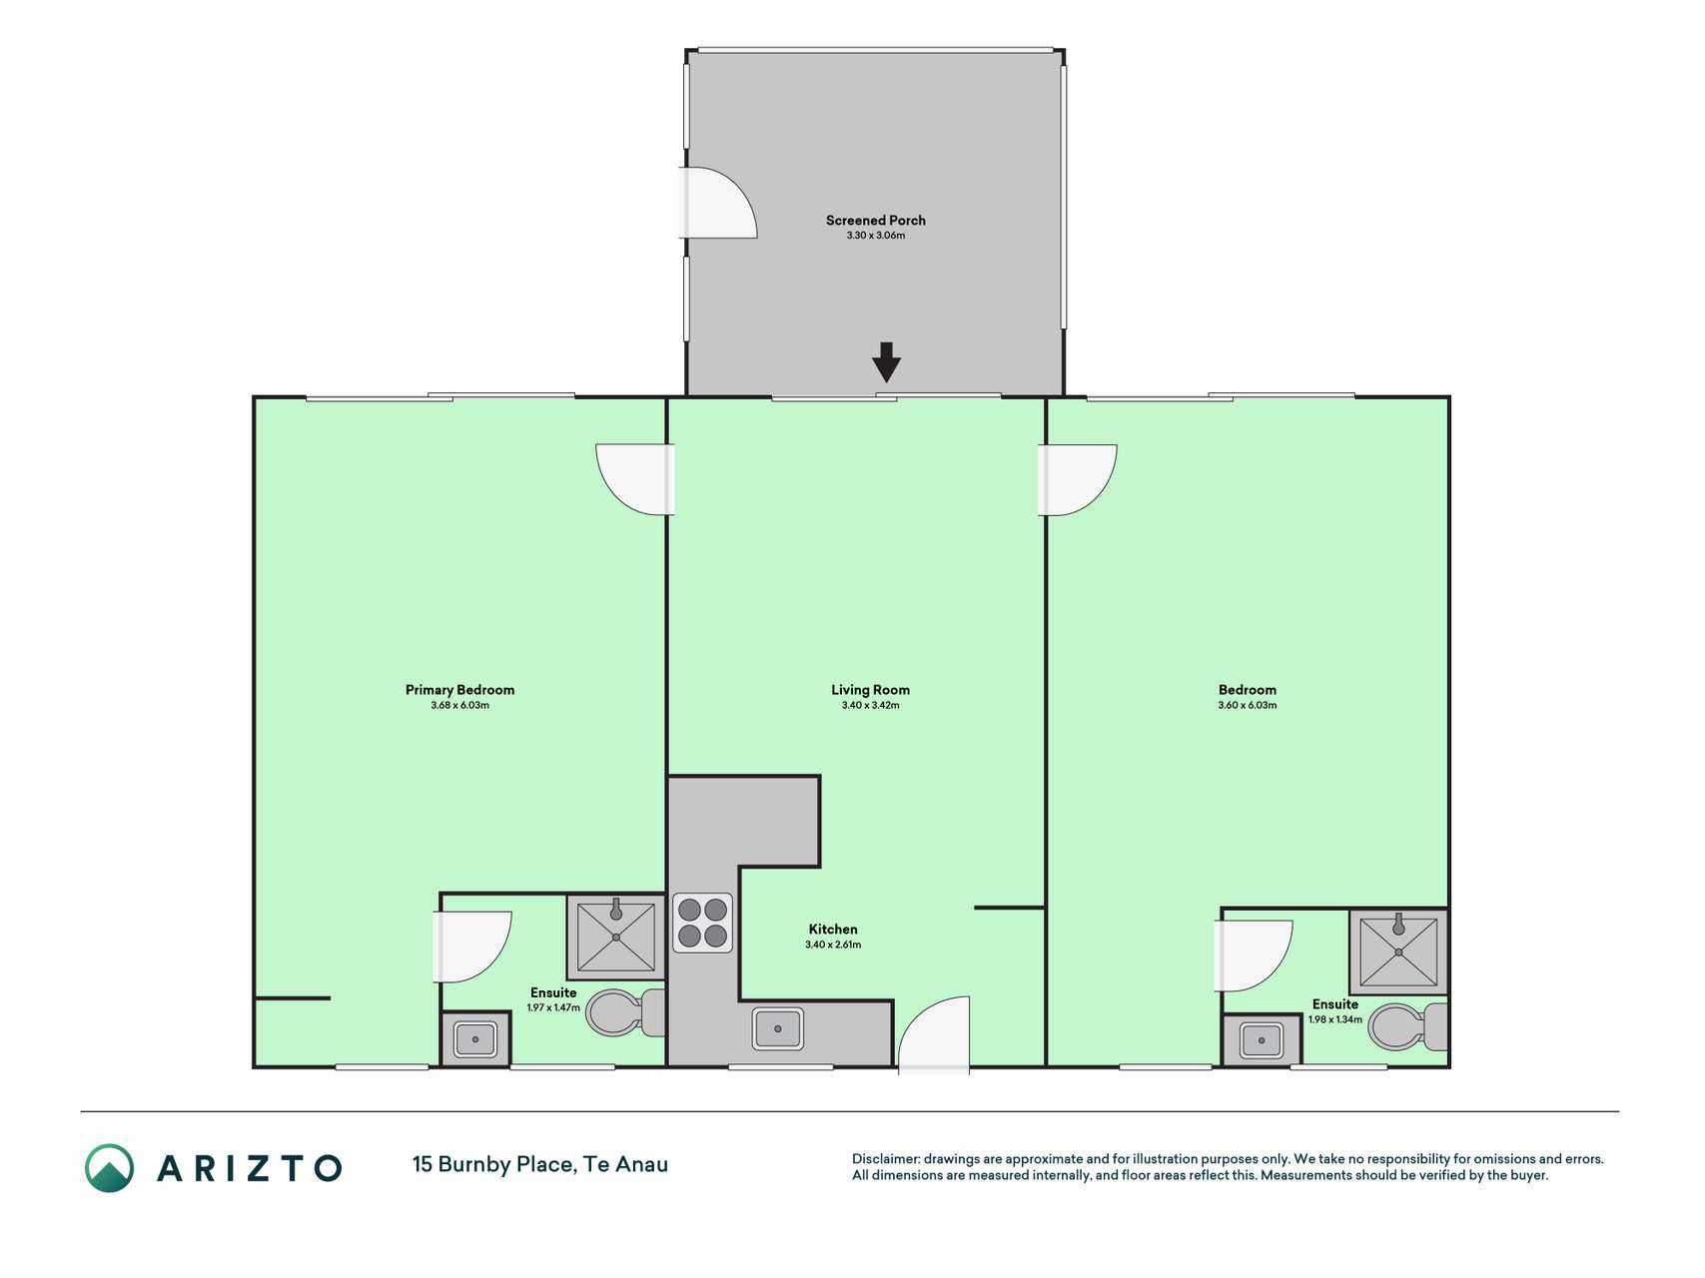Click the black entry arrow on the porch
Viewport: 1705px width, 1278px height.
tap(886, 361)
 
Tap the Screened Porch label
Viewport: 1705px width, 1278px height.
tap(875, 221)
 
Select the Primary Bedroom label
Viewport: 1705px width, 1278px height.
tap(459, 690)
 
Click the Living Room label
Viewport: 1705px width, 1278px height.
tap(870, 690)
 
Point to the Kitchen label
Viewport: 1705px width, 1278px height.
tap(833, 930)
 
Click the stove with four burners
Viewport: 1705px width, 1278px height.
tap(702, 923)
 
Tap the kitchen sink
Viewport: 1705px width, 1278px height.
tap(777, 1028)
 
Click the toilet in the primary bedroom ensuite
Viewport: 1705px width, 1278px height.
tap(625, 1012)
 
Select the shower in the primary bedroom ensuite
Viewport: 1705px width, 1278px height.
tap(615, 937)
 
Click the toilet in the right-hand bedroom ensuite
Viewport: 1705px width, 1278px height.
tap(1407, 1026)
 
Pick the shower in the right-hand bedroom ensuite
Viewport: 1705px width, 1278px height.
tap(1398, 952)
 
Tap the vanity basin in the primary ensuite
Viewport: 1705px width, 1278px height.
tap(475, 1039)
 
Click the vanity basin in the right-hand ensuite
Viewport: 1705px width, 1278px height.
tap(1262, 1040)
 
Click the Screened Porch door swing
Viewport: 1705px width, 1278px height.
tap(717, 203)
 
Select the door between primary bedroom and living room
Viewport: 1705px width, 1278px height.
tap(635, 479)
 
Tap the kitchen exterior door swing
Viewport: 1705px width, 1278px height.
tap(934, 1035)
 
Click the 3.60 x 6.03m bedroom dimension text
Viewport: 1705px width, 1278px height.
tap(1247, 705)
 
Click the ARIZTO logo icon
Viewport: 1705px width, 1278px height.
tap(109, 1168)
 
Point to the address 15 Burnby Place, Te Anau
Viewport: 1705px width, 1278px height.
tap(540, 1164)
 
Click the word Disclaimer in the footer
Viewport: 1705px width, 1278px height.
tap(886, 1159)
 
